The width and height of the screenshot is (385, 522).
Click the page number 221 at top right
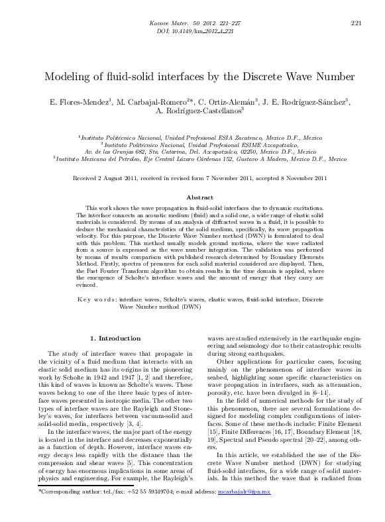(x=355, y=23)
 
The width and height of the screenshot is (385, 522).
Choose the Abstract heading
(x=199, y=197)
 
